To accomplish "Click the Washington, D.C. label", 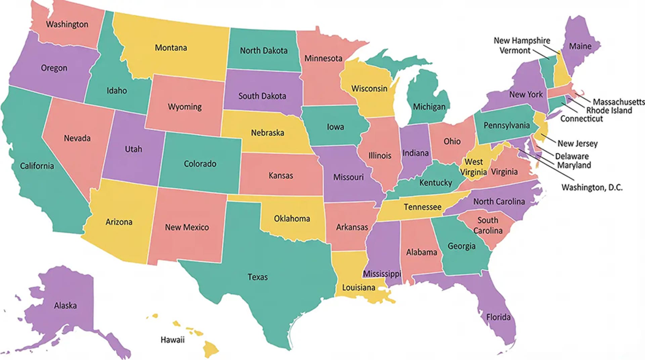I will coord(592,187).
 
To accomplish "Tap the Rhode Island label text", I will coord(609,110).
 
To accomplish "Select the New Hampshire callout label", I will coord(521,41).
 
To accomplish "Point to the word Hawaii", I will coord(172,340).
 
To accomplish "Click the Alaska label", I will coord(65,306).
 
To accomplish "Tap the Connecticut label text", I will coord(581,119).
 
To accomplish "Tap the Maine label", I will coord(580,46).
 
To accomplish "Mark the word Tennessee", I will coord(422,207).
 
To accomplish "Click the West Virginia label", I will coord(473,167).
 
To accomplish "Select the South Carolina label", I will coord(488,225).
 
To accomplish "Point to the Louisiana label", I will coord(358,288).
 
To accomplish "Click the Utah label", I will coord(133,149).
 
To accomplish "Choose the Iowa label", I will coord(335,127).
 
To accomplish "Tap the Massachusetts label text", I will coord(618,102).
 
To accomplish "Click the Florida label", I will coord(498,317).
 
